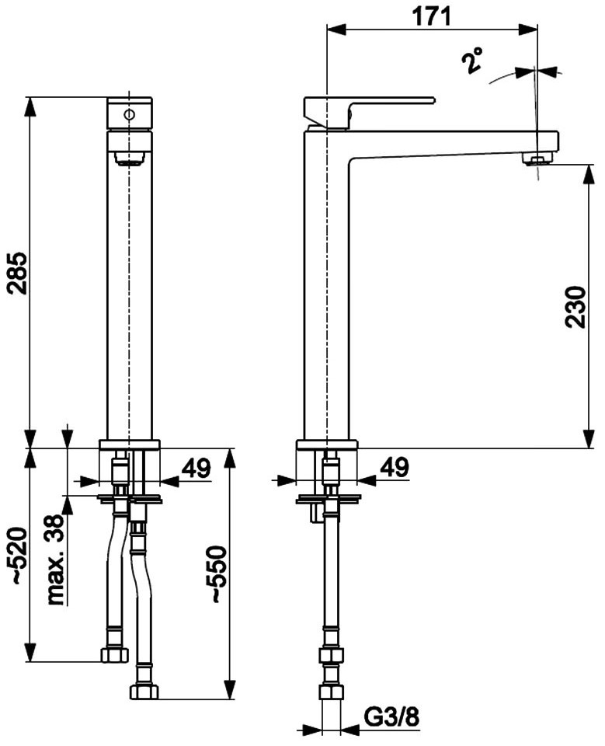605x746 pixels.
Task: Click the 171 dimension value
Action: coord(431,16)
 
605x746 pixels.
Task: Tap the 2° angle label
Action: coord(472,60)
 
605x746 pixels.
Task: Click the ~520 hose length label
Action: coord(19,555)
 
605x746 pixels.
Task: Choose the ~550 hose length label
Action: coord(217,574)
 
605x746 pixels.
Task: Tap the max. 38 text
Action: coord(56,559)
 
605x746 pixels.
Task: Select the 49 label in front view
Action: coord(196,468)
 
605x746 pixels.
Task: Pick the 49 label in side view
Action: coord(395,467)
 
